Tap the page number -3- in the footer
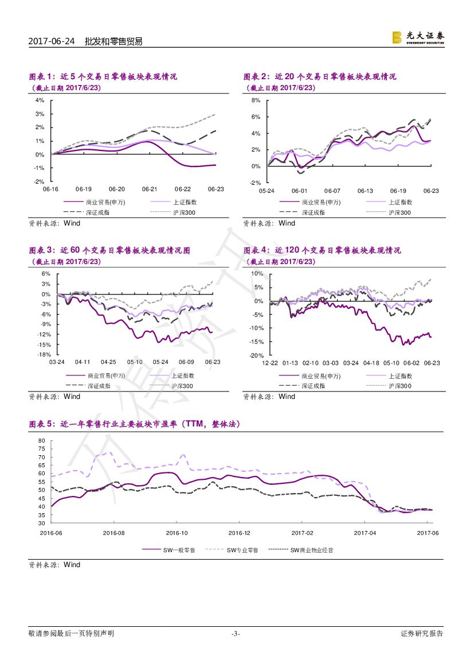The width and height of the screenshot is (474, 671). pyautogui.click(x=235, y=634)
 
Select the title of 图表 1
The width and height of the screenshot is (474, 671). pyautogui.click(x=103, y=76)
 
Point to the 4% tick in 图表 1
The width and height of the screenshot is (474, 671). pyautogui.click(x=40, y=100)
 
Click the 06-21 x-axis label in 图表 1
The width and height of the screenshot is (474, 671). pyautogui.click(x=150, y=189)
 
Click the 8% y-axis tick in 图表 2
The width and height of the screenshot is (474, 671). pyautogui.click(x=256, y=100)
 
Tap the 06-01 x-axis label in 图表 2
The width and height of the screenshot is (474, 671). pyautogui.click(x=299, y=191)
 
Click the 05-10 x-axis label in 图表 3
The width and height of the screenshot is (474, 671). pyautogui.click(x=135, y=362)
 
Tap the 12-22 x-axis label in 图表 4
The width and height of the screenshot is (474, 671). pyautogui.click(x=270, y=363)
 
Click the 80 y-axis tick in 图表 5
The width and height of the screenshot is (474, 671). pyautogui.click(x=41, y=440)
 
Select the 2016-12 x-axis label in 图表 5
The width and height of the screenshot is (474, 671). pyautogui.click(x=240, y=533)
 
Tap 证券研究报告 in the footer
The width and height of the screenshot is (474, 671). pyautogui.click(x=422, y=634)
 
